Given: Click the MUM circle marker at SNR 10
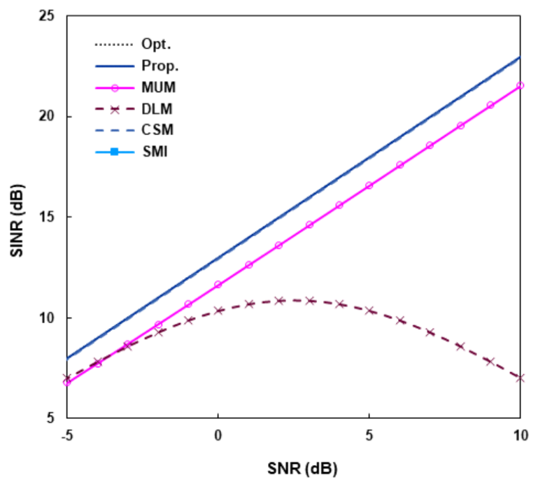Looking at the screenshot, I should tap(520, 85).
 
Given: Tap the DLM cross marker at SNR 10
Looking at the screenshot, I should tap(520, 378).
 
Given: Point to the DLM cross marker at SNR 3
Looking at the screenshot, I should tap(309, 300).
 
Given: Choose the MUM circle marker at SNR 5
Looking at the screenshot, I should tap(369, 185).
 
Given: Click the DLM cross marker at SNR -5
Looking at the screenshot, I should tap(67, 378).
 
